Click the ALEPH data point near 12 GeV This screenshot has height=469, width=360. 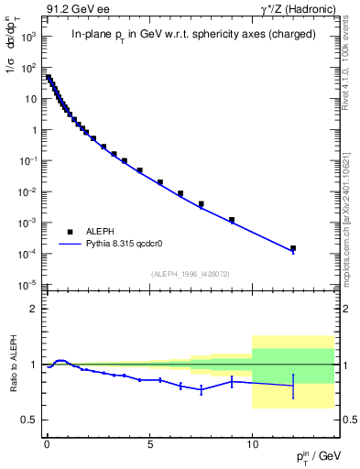pos(293,248)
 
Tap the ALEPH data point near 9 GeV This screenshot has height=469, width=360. pos(232,220)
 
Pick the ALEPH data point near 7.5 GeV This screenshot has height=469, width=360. pos(201,203)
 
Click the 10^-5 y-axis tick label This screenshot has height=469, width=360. pos(27,285)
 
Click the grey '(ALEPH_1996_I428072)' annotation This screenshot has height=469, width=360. pos(189,274)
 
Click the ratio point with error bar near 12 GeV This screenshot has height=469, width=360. pos(293,387)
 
